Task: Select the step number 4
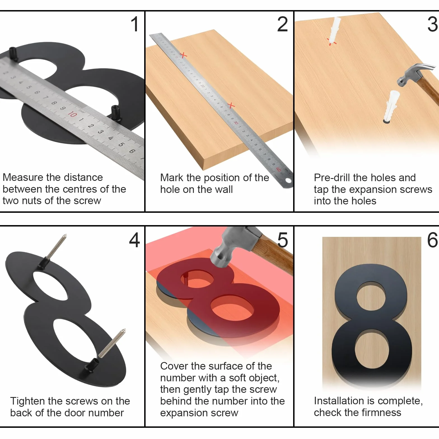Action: pos(134,240)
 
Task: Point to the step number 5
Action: pos(282,240)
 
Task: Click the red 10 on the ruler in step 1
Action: pos(72,114)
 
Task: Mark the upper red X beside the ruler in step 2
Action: pos(183,55)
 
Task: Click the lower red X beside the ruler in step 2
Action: pos(231,105)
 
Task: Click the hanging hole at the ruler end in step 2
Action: pos(288,181)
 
